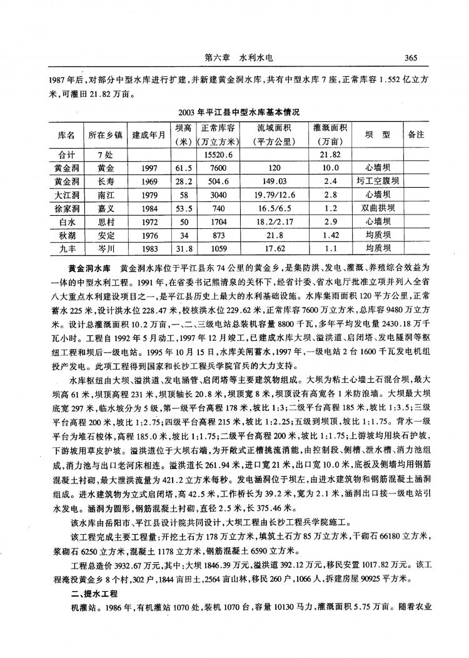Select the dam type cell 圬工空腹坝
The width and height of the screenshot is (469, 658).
(x=378, y=181)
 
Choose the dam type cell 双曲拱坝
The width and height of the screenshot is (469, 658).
(x=378, y=208)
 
